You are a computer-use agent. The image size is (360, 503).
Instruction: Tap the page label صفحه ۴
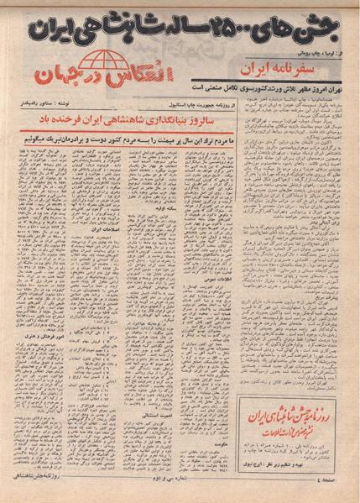(x=339, y=490)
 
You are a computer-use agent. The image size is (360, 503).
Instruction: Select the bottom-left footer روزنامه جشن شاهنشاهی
(x=44, y=490)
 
